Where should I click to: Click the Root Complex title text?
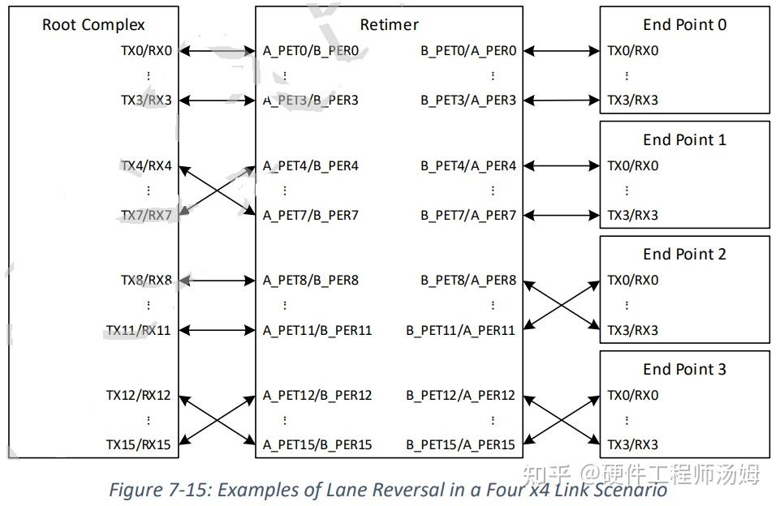[x=93, y=25]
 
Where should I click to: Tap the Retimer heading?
[x=389, y=25]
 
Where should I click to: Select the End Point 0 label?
[x=684, y=25]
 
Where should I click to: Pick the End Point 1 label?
[x=684, y=140]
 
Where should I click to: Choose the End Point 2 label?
[x=684, y=255]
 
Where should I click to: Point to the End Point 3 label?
[x=684, y=370]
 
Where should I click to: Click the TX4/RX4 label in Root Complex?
[x=146, y=166]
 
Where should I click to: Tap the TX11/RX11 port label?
[x=139, y=331]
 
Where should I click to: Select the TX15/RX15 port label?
[x=139, y=445]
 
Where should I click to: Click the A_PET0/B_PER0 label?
[x=311, y=51]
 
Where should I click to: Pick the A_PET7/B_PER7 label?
[x=311, y=216]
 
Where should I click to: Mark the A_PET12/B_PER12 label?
[x=317, y=396]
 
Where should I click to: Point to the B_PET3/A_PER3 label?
[x=468, y=101]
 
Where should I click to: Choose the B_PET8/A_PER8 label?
[x=468, y=281]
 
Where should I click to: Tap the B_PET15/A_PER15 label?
[x=461, y=445]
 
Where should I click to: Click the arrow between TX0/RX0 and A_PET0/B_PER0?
[x=217, y=51]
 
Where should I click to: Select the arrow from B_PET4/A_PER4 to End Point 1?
[x=561, y=166]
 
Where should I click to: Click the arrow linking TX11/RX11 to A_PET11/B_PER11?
[x=217, y=331]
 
